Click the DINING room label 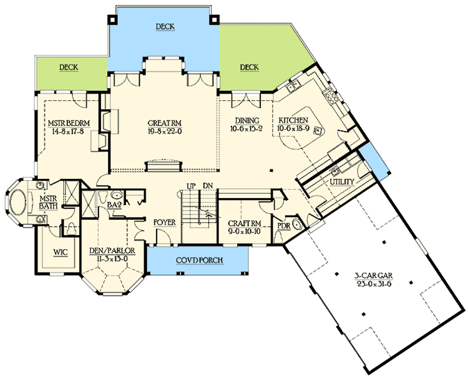pyautogui.click(x=247, y=120)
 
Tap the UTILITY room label pyautogui.click(x=341, y=181)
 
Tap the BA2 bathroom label pyautogui.click(x=113, y=204)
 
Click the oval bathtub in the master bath pyautogui.click(x=16, y=203)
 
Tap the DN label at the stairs pyautogui.click(x=209, y=186)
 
